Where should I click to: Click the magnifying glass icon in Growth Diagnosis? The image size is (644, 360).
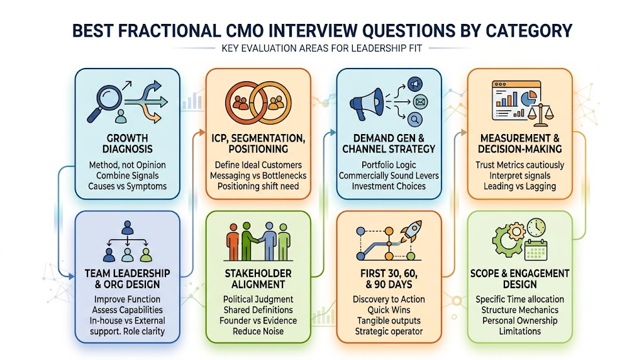104,103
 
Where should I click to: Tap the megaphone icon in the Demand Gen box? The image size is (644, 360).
367,104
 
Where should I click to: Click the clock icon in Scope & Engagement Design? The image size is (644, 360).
536,228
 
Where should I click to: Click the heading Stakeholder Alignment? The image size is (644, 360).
258,279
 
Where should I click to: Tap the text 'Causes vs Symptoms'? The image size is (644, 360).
127,186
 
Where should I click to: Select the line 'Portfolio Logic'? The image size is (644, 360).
389,165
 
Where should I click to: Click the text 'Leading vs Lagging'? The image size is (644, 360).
519,186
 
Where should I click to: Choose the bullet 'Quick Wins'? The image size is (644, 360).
389,310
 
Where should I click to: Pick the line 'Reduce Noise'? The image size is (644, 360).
258,331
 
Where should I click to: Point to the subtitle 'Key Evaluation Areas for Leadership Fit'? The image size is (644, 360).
321,48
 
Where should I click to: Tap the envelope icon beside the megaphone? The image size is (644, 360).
419,101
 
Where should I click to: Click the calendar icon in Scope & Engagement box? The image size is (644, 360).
536,249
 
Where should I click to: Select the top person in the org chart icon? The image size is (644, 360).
127,227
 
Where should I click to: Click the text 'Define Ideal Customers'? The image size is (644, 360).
258,165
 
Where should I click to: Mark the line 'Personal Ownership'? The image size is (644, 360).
519,320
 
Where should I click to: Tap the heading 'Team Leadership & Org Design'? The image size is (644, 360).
127,279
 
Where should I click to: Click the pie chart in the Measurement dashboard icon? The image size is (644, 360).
529,98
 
